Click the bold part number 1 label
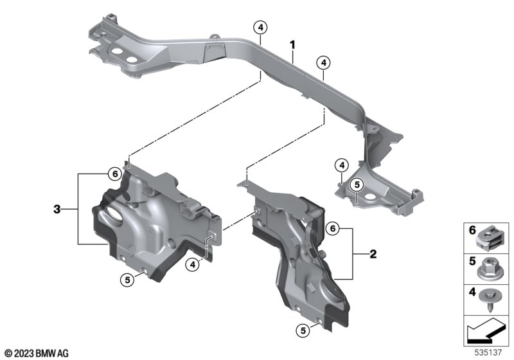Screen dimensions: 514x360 click(292, 45)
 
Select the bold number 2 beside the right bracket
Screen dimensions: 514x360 click(373, 254)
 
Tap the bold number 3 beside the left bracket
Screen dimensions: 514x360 click(57, 209)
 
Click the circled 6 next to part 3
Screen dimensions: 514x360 click(115, 174)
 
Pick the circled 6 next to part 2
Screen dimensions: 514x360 click(333, 228)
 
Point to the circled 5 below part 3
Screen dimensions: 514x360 click(127, 280)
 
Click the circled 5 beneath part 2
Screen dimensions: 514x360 click(303, 330)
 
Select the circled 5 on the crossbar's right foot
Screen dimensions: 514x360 click(357, 184)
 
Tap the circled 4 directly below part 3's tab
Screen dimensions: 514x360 click(192, 264)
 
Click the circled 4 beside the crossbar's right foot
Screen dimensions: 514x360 click(342, 165)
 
